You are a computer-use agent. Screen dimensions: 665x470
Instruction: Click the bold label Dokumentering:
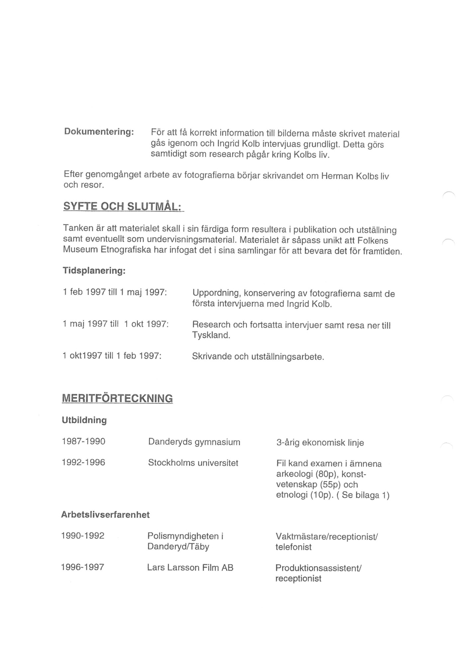(x=99, y=132)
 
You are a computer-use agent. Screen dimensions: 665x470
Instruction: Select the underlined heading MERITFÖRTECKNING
(x=117, y=398)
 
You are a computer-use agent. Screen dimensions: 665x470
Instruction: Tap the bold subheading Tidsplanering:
(x=94, y=271)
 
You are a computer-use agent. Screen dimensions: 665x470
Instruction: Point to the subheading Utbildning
(x=84, y=420)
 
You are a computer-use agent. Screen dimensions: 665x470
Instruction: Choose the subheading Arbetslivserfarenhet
(x=105, y=515)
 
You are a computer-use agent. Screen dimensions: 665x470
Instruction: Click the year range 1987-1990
(x=83, y=442)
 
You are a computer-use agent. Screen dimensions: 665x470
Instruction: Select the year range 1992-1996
(x=83, y=463)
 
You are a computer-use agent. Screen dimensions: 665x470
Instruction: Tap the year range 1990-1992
(x=83, y=536)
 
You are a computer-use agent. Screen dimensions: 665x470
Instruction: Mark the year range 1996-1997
(x=82, y=567)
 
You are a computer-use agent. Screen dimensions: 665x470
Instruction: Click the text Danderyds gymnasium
(x=194, y=442)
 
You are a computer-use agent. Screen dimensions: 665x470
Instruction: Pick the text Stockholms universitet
(x=193, y=463)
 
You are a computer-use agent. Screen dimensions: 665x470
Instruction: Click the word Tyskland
(x=211, y=335)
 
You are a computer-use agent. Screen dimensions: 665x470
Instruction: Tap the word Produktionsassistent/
(x=318, y=568)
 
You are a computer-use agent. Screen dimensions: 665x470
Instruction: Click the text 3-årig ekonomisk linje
(x=320, y=443)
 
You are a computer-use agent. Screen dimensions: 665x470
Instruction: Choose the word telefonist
(x=294, y=547)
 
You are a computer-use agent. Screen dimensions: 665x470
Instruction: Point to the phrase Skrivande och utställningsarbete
(x=258, y=357)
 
